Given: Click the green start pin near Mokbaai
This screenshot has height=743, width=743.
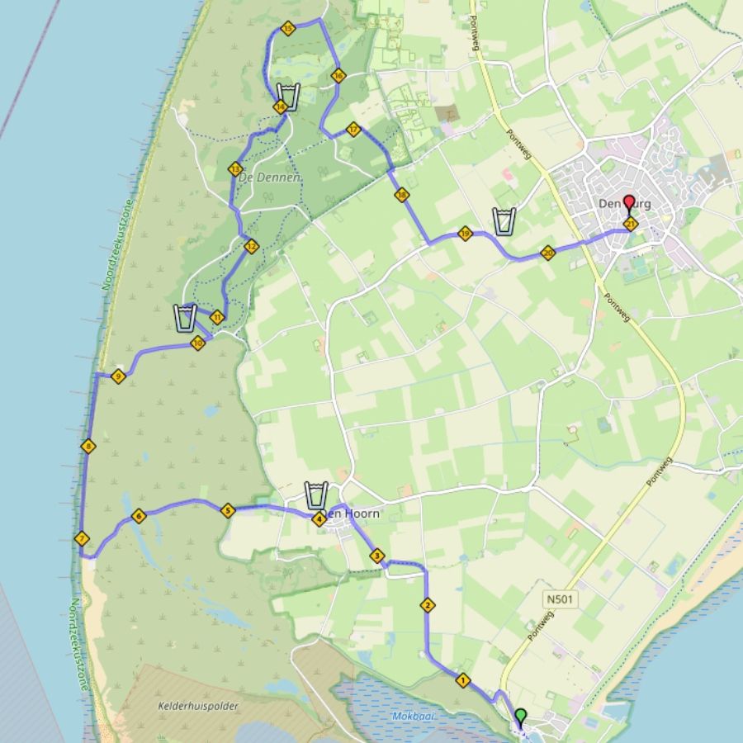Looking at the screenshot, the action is pyautogui.click(x=520, y=715).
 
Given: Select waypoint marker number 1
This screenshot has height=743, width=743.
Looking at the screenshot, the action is pyautogui.click(x=462, y=680).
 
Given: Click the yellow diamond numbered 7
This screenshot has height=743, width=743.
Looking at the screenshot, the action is pyautogui.click(x=81, y=539).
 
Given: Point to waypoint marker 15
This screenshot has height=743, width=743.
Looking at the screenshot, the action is pyautogui.click(x=287, y=29).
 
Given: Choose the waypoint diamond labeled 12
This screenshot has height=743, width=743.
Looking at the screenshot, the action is pyautogui.click(x=251, y=245).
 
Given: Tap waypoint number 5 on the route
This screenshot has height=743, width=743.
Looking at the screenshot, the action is pyautogui.click(x=229, y=510).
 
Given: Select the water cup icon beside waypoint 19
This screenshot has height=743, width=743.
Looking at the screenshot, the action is pyautogui.click(x=504, y=221).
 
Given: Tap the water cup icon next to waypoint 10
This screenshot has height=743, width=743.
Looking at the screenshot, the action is pyautogui.click(x=186, y=317).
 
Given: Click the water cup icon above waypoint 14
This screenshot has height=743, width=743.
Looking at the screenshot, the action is pyautogui.click(x=287, y=96).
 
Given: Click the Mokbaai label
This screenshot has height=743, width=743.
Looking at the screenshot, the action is pyautogui.click(x=413, y=716).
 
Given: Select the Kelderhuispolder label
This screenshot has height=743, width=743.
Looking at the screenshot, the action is pyautogui.click(x=192, y=706).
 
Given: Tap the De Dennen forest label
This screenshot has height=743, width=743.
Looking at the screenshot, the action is pyautogui.click(x=267, y=177).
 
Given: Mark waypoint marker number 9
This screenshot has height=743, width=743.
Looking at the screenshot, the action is pyautogui.click(x=117, y=376).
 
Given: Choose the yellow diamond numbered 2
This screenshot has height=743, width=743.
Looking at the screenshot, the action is pyautogui.click(x=428, y=605).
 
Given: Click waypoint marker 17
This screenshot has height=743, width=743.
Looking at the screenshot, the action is pyautogui.click(x=353, y=129).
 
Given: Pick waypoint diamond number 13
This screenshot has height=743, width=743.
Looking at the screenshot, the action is pyautogui.click(x=235, y=168).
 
